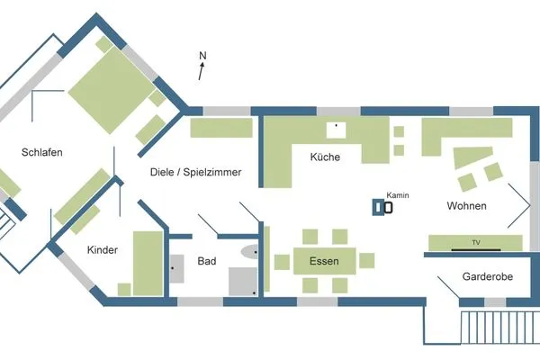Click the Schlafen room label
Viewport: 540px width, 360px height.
pyautogui.click(x=42, y=153)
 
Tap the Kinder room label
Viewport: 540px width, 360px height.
pyautogui.click(x=103, y=250)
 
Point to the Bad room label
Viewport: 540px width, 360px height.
pyautogui.click(x=207, y=262)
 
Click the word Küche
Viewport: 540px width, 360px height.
pyautogui.click(x=324, y=157)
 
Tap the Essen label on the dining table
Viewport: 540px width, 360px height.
pyautogui.click(x=324, y=261)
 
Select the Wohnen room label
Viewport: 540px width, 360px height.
pyautogui.click(x=466, y=206)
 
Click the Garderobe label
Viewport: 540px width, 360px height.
pyautogui.click(x=487, y=277)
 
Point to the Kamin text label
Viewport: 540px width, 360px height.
pyautogui.click(x=397, y=195)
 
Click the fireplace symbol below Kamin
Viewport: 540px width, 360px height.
pyautogui.click(x=383, y=208)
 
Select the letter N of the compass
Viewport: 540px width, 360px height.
pyautogui.click(x=203, y=57)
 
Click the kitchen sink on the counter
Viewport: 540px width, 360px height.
pyautogui.click(x=337, y=128)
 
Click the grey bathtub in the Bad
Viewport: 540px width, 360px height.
pyautogui.click(x=243, y=280)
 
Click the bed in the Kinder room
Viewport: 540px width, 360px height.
pyautogui.click(x=148, y=263)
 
